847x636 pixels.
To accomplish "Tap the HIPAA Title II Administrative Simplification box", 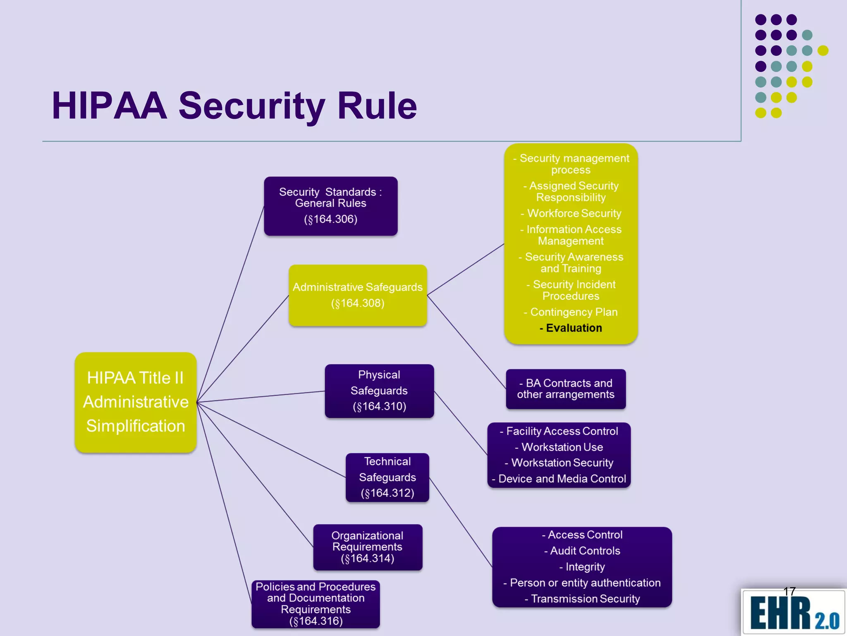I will (x=136, y=402).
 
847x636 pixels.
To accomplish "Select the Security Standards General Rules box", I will (x=330, y=206).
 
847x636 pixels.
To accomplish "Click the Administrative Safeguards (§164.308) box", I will (x=358, y=295).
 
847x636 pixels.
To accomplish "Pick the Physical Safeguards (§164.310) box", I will (x=379, y=391).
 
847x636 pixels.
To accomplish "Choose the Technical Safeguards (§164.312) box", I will (x=388, y=477).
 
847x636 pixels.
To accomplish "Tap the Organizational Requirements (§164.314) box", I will (x=368, y=547).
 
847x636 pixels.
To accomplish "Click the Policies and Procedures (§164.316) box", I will (x=316, y=604).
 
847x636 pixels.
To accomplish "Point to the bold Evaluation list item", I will (x=571, y=328).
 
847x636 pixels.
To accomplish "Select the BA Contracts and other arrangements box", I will (x=566, y=389).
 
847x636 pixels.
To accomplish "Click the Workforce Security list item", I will (x=571, y=213).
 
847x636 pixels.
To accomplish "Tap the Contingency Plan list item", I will (x=571, y=312).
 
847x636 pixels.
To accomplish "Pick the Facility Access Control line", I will (x=559, y=431).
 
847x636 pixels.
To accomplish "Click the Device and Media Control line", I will (x=559, y=479).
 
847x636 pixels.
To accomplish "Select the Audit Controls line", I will (x=582, y=551).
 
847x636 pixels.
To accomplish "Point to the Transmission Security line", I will (x=582, y=599).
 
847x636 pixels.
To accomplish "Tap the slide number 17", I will (x=790, y=591).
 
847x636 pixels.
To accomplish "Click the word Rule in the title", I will (x=377, y=106).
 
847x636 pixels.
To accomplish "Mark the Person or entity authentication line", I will (x=582, y=583).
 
